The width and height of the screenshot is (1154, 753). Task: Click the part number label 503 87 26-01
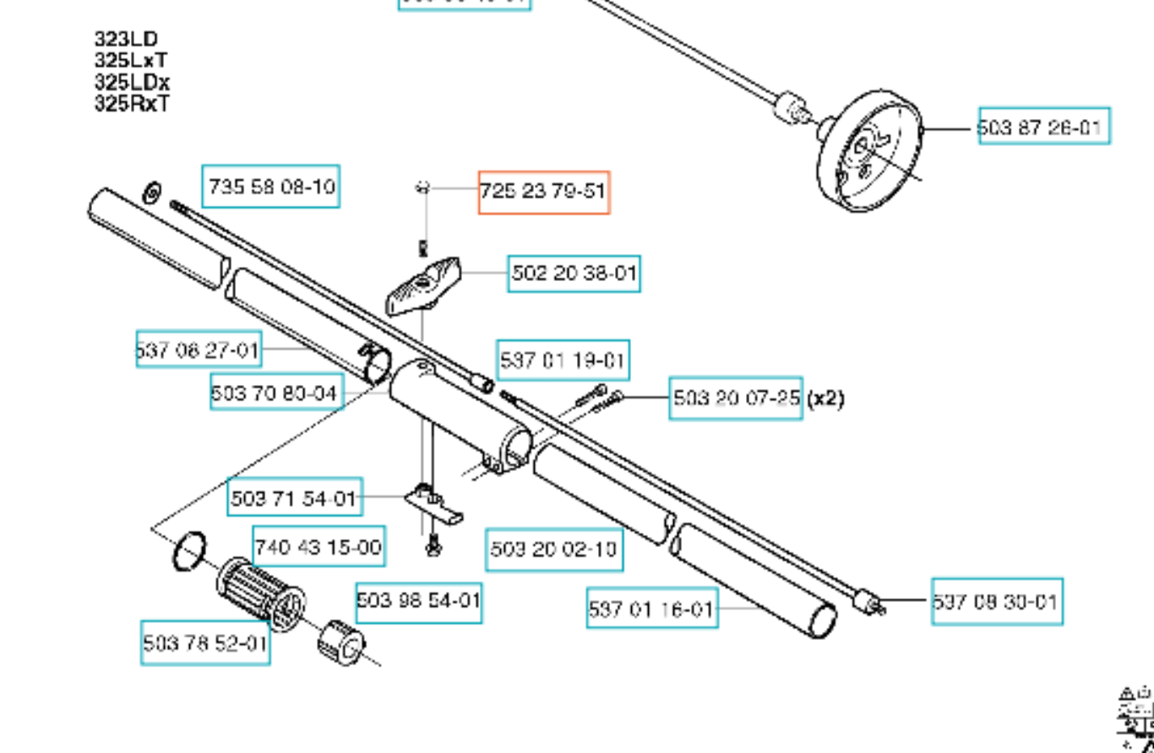click(1044, 126)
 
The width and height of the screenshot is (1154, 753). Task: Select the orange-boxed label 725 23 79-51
click(543, 192)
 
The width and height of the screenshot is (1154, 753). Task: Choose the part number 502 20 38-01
click(574, 274)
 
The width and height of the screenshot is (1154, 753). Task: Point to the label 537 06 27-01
click(199, 349)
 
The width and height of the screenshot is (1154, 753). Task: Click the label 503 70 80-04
click(276, 392)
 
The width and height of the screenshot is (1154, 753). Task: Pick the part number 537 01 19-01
click(563, 361)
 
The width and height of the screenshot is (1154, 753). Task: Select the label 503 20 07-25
click(736, 398)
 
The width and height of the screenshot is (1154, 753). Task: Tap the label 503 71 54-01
click(294, 498)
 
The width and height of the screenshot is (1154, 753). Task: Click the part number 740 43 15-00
click(318, 546)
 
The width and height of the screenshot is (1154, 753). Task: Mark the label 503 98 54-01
click(418, 601)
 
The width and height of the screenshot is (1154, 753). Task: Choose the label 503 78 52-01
click(205, 643)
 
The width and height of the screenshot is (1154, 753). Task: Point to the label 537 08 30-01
click(997, 601)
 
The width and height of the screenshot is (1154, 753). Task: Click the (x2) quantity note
click(825, 398)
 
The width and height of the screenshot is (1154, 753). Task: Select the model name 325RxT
click(132, 104)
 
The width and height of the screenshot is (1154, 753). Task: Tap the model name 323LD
click(126, 39)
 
